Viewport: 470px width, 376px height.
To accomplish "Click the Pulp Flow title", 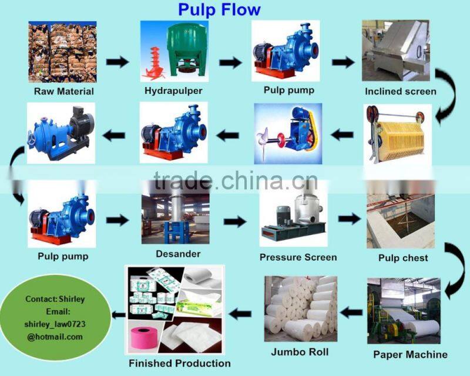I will (x=219, y=9).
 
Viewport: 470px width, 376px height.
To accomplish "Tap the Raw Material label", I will (x=63, y=91).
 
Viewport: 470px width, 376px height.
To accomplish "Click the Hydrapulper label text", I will (x=173, y=90).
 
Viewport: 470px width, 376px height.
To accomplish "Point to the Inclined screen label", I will (x=401, y=91).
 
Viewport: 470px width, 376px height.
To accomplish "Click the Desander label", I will (x=178, y=254).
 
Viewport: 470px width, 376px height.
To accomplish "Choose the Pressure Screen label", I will (x=298, y=257).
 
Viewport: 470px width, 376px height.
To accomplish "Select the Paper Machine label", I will (x=410, y=354).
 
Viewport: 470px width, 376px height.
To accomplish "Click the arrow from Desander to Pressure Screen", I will (x=235, y=221).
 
